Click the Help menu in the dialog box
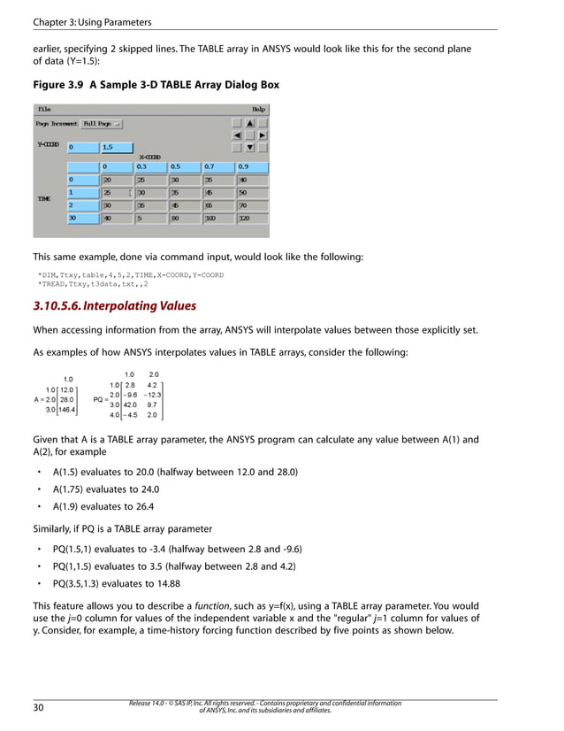259,109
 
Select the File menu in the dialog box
43,109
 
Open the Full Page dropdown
103,124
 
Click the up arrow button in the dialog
250,124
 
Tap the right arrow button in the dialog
263,135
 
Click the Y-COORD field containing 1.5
116,148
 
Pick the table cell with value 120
252,217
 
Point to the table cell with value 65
218,204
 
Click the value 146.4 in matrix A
67,410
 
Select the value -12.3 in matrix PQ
152,395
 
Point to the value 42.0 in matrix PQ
130,404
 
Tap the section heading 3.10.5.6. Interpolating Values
114,306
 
